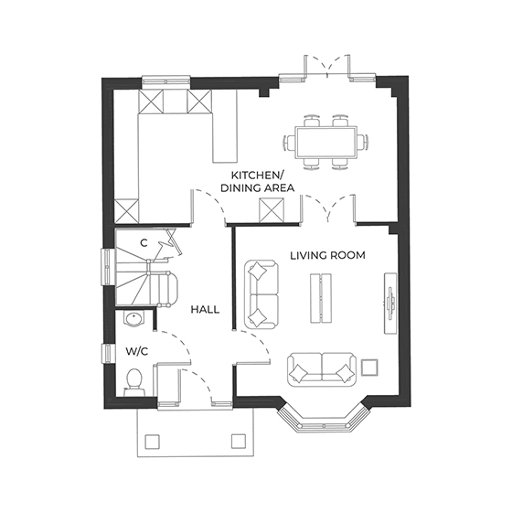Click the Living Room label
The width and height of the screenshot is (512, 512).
pos(327,256)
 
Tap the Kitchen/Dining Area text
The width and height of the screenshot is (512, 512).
pos(261,182)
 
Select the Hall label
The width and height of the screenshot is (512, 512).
pos(205,310)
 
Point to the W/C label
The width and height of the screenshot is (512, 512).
pos(136,351)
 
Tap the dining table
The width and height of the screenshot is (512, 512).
pos(326,142)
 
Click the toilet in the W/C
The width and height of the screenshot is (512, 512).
pos(135,379)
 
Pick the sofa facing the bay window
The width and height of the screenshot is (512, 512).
pos(319,370)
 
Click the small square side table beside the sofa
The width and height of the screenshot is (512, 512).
pos(370,368)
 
